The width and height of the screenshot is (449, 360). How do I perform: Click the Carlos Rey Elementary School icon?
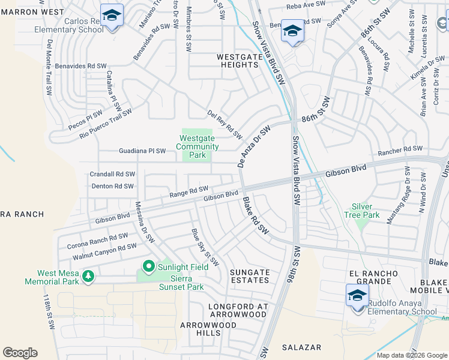pos(112,15)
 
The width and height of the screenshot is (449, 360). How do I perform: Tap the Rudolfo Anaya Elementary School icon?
pos(357,295)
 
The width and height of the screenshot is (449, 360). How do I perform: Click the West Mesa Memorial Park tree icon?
pos(89,276)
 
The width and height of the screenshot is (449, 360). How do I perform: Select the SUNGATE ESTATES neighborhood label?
pos(250,276)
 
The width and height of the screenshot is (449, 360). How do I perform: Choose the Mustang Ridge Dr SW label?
pos(399,203)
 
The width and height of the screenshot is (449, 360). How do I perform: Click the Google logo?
pos(20,352)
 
